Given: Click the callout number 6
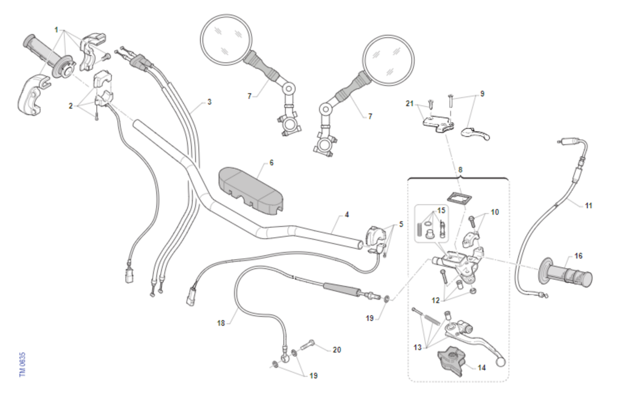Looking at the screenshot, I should [272, 162].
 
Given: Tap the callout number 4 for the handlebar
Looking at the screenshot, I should [347, 215].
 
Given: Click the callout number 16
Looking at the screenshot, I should [579, 256].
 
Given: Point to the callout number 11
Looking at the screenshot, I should [589, 205].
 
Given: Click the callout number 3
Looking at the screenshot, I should [209, 101].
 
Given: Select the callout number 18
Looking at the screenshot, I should [221, 322].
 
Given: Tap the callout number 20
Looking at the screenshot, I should [337, 350].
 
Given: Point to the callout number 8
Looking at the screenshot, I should [460, 170].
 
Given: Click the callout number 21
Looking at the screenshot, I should [409, 104].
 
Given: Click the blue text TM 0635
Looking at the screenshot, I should [22, 365].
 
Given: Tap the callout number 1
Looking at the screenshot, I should [56, 30].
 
